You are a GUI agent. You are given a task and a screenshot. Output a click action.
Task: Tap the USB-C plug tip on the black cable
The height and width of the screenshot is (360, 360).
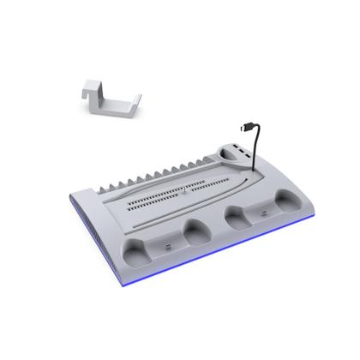tap(244, 128)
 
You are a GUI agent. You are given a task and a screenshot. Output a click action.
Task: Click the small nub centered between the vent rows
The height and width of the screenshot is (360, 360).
tap(183, 193)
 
